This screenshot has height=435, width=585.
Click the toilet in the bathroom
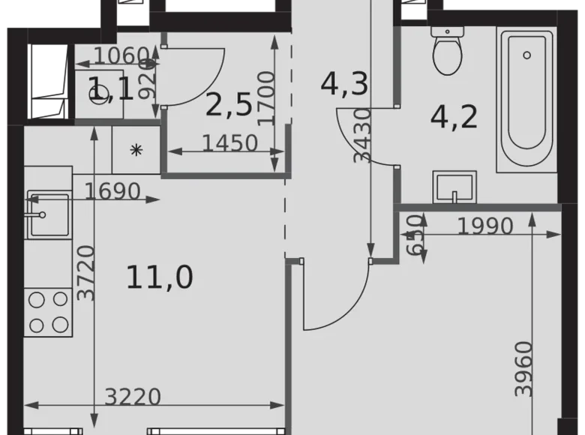tap(448, 53)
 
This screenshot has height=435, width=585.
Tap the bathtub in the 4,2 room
tap(526, 101)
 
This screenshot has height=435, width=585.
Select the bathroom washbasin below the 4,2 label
tap(454, 187)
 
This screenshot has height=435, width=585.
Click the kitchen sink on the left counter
tap(48, 214)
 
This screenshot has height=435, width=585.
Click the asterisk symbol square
tap(136, 150)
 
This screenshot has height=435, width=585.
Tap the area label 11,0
tap(159, 277)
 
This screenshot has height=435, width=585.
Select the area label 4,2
tap(454, 117)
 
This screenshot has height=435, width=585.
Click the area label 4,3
tap(344, 83)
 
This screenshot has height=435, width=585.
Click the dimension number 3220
tap(133, 396)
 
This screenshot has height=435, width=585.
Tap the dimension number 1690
tap(112, 191)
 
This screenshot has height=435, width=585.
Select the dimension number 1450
tap(230, 142)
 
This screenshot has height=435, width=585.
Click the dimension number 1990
tap(485, 225)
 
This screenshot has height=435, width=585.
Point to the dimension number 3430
tap(363, 135)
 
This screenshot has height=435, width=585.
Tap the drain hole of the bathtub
tap(527, 55)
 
